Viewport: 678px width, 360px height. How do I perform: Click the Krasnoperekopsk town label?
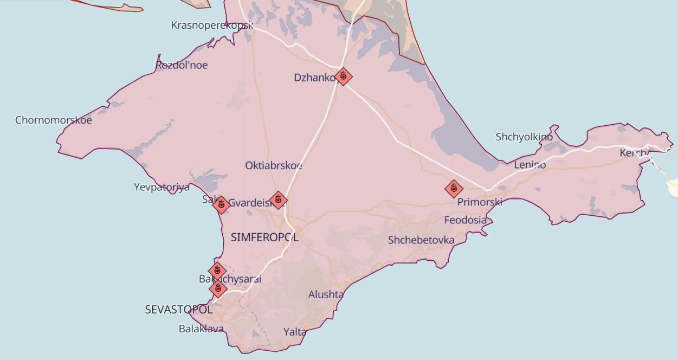click(212, 25)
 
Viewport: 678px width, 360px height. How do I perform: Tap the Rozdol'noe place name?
click(182, 65)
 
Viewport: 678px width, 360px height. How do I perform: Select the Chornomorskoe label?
click(54, 120)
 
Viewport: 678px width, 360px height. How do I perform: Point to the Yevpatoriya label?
click(162, 187)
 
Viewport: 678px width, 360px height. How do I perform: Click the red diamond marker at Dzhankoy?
click(343, 76)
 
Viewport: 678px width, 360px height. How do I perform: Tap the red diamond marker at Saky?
click(221, 204)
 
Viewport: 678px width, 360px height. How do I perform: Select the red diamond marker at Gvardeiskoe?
click(278, 200)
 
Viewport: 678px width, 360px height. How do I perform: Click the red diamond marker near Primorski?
click(454, 188)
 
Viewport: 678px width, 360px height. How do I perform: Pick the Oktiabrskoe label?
click(274, 165)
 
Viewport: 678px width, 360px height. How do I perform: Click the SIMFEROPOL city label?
click(264, 237)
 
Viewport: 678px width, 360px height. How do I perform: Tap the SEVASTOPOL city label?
click(178, 310)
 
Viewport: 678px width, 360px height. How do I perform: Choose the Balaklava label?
click(201, 329)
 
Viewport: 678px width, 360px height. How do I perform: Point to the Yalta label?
click(295, 332)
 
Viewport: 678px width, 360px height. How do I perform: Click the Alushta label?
click(326, 294)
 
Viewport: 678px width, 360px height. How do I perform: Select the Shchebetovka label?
click(421, 240)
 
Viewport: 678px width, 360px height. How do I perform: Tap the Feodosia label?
click(465, 220)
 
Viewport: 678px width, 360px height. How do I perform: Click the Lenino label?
click(530, 164)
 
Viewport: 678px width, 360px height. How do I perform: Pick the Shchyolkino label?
click(524, 137)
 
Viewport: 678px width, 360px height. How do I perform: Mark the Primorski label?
click(480, 202)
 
